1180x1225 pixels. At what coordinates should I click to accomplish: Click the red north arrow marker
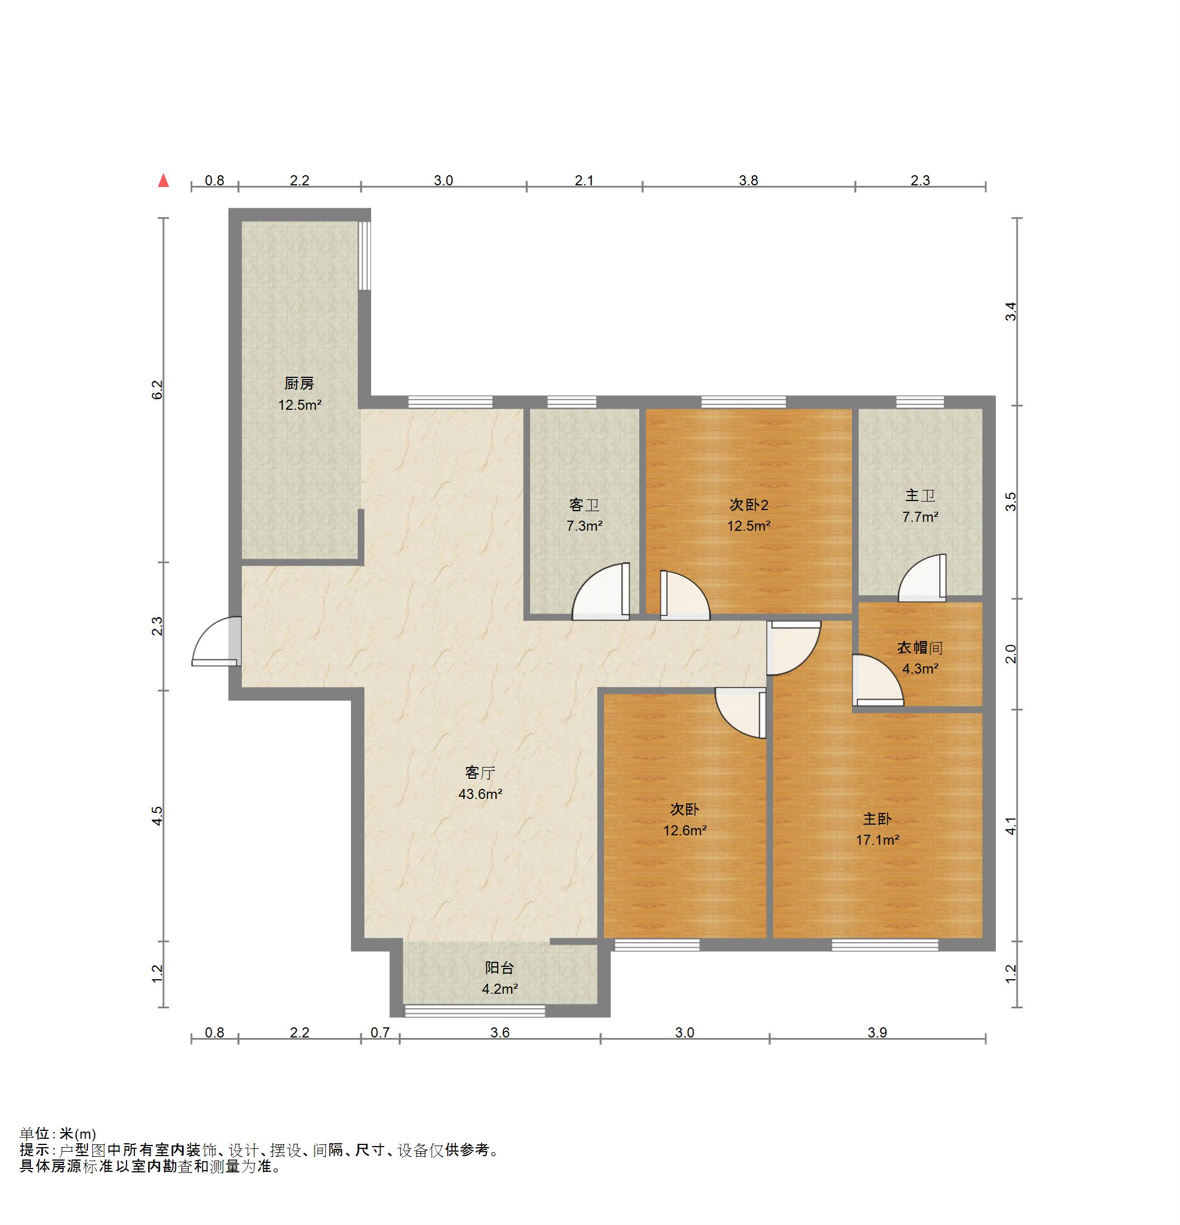coord(164,181)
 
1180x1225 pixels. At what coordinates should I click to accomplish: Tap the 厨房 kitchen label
coord(299,383)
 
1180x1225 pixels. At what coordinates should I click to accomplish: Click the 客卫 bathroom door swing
coord(601,591)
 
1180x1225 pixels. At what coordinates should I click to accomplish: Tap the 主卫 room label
coord(920,495)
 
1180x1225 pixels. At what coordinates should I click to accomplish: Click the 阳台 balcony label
coord(499,968)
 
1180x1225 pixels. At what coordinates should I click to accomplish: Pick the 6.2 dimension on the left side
coord(157,390)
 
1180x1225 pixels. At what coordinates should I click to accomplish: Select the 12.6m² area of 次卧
coord(685,831)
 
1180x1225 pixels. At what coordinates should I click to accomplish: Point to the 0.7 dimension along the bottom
coord(380,1032)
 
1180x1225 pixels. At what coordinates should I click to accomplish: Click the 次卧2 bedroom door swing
coord(685,595)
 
